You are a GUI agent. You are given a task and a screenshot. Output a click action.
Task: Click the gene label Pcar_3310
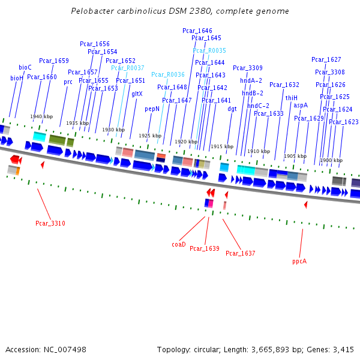(50, 224)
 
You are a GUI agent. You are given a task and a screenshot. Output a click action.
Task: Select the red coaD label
(179, 244)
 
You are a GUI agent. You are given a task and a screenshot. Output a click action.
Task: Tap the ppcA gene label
(299, 261)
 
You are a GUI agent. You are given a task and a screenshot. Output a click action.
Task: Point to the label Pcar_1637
(241, 253)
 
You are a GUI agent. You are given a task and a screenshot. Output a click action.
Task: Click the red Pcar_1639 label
(205, 248)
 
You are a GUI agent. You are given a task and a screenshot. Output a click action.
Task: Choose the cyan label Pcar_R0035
(209, 51)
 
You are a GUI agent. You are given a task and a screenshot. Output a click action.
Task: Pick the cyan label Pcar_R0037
(128, 68)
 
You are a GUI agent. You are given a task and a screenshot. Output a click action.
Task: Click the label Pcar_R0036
(168, 74)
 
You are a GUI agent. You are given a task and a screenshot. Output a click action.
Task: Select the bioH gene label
(17, 78)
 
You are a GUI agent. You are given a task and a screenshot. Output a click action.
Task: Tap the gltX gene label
(137, 94)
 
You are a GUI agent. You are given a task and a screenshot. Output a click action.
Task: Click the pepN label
(152, 109)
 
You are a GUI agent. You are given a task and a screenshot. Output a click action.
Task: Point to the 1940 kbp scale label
(41, 116)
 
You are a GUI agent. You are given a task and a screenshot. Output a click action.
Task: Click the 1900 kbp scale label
(331, 160)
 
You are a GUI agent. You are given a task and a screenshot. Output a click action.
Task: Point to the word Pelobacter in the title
(90, 11)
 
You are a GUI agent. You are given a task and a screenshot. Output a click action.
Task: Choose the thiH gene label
(292, 98)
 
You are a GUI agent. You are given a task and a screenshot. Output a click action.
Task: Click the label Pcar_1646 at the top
(197, 31)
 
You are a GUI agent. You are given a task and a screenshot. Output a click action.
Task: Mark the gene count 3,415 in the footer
(342, 349)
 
